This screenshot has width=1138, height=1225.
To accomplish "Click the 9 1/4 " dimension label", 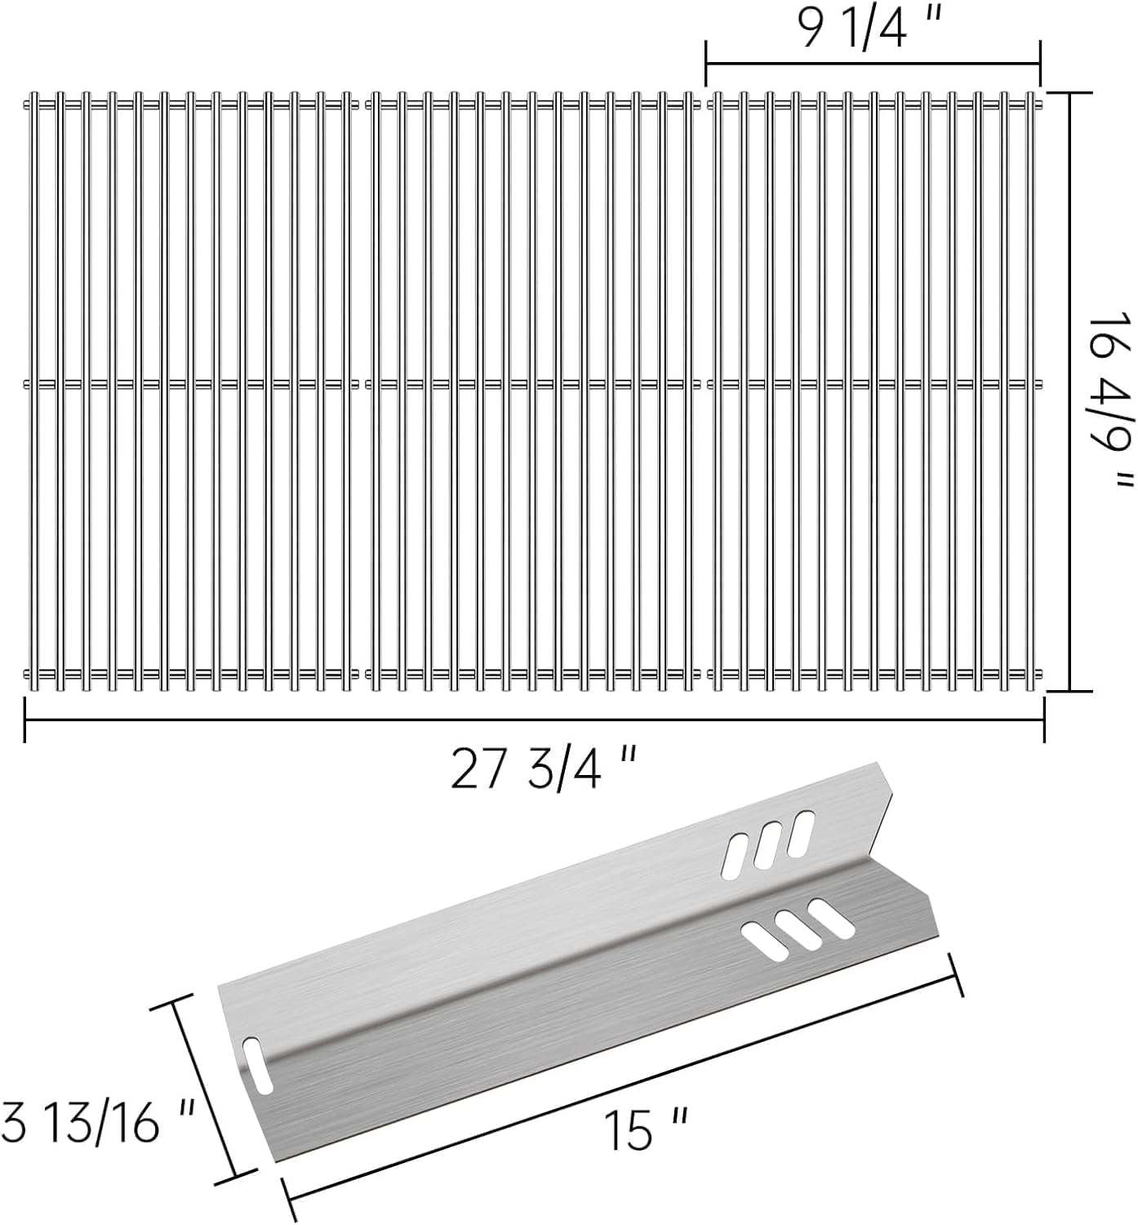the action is (870, 29).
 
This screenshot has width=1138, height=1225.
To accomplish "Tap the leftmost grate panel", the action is (191, 392).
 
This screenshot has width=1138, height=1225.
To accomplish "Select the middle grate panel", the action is (534, 392).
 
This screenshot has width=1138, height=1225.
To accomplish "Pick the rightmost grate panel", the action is (875, 392).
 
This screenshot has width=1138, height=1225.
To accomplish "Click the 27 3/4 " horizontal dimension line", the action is (534, 719).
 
